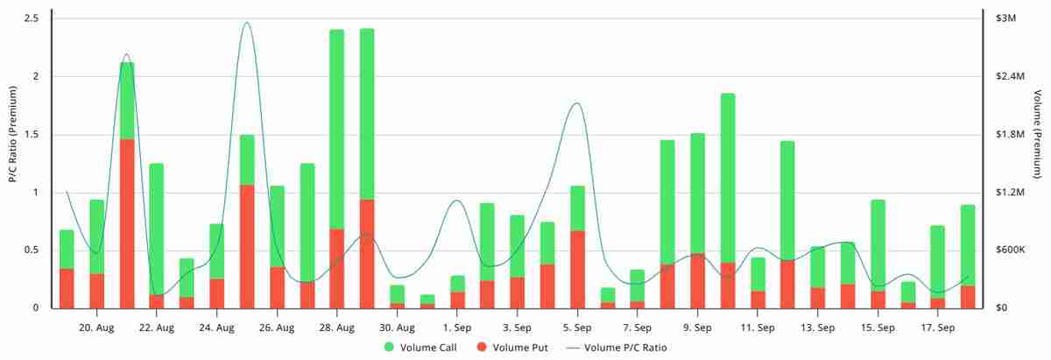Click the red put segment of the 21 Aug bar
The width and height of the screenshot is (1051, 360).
point(127,223)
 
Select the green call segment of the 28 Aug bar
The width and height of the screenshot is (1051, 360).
point(337,129)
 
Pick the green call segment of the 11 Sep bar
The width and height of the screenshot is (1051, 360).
point(758,274)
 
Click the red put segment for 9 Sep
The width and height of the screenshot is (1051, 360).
point(698,280)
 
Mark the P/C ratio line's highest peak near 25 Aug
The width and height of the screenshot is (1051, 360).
point(246,23)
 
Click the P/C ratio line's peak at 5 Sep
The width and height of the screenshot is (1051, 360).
point(576,103)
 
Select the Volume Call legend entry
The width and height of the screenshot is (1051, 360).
point(411,347)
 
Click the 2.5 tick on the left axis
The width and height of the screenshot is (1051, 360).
point(36,18)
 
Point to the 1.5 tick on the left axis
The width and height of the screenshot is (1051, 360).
point(36,134)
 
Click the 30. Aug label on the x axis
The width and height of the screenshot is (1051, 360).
point(397,328)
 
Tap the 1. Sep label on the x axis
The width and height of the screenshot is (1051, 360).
point(457,328)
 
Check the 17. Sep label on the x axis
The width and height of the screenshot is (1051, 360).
point(938,328)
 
